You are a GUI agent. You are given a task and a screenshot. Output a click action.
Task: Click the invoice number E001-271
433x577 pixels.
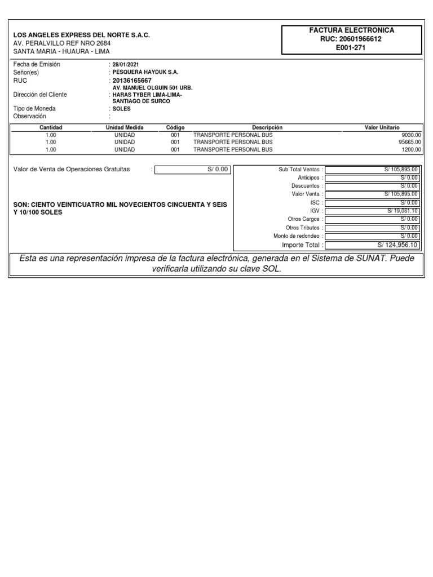352,47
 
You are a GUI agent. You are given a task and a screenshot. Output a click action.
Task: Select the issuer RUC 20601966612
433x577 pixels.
352,39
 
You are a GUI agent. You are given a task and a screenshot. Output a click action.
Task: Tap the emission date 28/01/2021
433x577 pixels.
126,65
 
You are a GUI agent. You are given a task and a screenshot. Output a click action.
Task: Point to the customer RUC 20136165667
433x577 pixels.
132,81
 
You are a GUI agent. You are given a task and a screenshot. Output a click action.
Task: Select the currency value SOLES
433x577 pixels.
122,109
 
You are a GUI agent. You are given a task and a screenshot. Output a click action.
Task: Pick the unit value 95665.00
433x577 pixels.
410,143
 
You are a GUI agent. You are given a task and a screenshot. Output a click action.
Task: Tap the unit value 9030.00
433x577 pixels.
411,135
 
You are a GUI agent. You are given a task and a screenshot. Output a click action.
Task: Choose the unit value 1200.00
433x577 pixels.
411,150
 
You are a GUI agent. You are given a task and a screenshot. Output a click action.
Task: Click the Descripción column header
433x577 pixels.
267,128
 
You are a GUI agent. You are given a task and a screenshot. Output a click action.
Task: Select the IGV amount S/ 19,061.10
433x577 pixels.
402,210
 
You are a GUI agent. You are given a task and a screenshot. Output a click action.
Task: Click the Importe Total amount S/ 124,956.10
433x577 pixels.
397,245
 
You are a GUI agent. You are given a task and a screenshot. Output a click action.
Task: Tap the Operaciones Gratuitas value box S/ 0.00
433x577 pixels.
192,169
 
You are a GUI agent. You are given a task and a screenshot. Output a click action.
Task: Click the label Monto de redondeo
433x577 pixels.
297,236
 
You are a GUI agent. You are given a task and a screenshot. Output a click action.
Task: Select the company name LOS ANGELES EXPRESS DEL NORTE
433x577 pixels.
81,35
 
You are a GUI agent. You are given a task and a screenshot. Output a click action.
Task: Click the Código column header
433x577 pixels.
175,128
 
